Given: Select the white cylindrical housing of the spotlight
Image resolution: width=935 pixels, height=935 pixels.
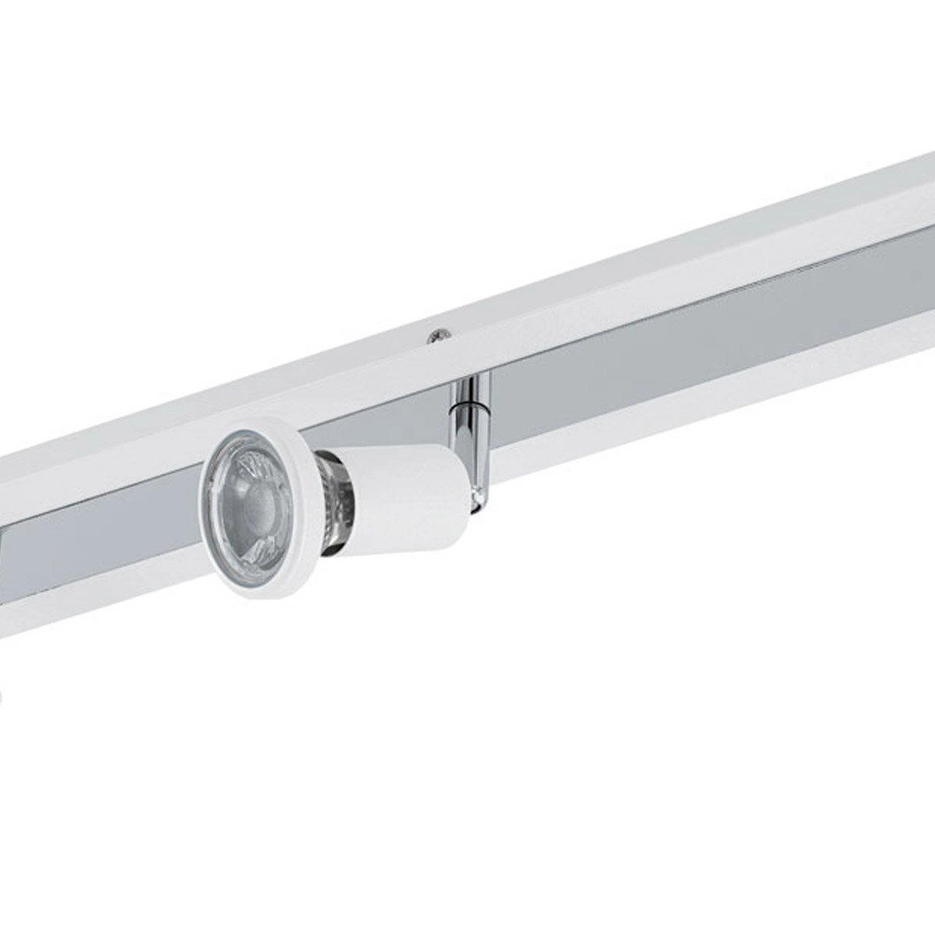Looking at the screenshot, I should pos(405,499).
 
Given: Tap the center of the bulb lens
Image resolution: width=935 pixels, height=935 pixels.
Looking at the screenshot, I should pos(254,499).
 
